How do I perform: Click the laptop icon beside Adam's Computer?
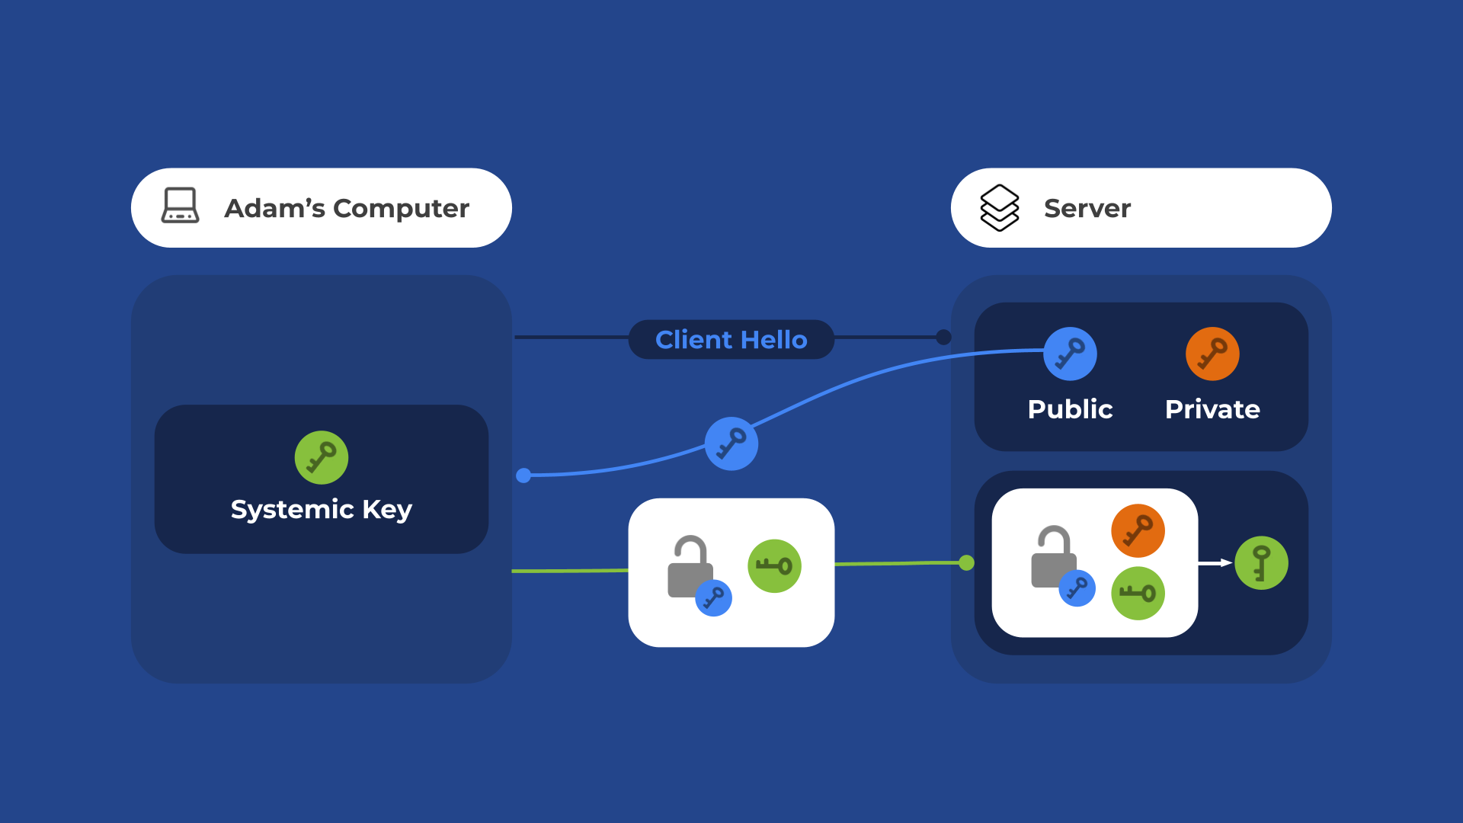point(181,206)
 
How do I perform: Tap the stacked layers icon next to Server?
point(999,207)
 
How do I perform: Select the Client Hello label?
point(731,340)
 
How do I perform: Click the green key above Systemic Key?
point(322,458)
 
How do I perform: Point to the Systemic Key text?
point(321,509)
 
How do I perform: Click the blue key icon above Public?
point(1070,354)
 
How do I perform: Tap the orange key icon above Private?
point(1212,354)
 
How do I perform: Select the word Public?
point(1070,409)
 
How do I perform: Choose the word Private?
point(1212,409)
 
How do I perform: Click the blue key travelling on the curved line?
point(731,444)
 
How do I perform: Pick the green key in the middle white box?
point(774,566)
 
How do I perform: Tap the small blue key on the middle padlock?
point(714,598)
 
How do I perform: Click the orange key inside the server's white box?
point(1138,531)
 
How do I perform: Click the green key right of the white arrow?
point(1261,563)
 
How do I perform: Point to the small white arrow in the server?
point(1215,563)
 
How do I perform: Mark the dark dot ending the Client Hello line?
point(943,337)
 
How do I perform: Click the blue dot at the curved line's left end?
point(523,476)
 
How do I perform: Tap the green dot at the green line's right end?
point(966,563)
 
